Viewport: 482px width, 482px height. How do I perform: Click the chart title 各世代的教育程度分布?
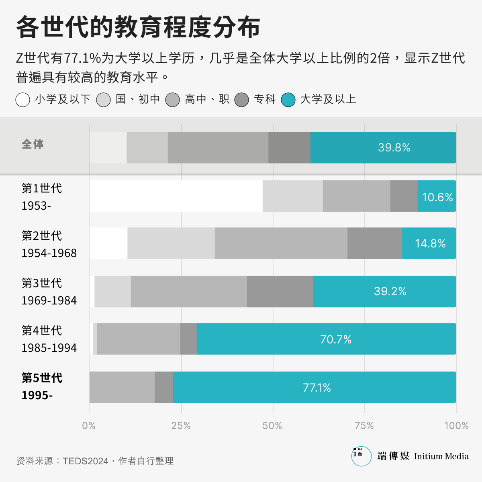point(138,27)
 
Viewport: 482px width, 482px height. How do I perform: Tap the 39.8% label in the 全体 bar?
point(394,147)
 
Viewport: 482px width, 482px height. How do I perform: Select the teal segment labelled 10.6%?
point(437,196)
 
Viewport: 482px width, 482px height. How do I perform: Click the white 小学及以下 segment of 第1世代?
point(176,196)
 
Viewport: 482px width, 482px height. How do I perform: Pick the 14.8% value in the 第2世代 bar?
point(430,243)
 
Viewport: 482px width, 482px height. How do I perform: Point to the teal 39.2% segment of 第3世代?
point(384,292)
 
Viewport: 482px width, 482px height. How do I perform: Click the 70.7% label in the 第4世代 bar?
point(335,339)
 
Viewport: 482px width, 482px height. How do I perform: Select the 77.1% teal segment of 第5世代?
point(317,388)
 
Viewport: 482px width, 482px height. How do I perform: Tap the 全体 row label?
point(33,144)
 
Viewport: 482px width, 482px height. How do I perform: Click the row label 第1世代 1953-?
point(41,197)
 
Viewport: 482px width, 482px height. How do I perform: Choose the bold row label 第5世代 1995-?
point(42,386)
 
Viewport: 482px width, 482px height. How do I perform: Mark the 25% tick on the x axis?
point(181,426)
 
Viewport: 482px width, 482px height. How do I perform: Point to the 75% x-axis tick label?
point(364,426)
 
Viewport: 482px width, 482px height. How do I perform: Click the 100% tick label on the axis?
point(456,426)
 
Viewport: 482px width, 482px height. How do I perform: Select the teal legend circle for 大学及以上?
point(288,100)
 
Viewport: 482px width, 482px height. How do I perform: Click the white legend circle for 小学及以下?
point(23,100)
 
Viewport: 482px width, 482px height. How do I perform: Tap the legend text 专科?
point(265,99)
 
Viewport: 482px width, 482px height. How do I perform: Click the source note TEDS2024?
point(85,461)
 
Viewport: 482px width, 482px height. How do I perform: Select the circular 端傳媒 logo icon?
point(361,456)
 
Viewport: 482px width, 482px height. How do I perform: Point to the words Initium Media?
point(441,456)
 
